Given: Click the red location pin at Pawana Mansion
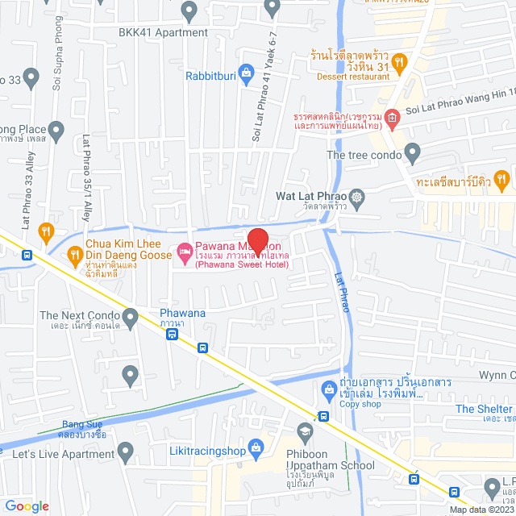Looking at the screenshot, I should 257,239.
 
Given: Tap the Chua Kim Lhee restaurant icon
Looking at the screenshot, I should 76,256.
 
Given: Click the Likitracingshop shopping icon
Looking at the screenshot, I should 256,446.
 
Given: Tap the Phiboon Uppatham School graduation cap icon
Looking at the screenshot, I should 305,433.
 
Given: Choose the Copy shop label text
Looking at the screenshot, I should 360,404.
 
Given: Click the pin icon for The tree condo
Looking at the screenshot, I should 413,152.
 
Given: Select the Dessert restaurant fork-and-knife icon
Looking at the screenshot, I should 401,62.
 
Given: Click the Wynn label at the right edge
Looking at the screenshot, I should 496,375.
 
